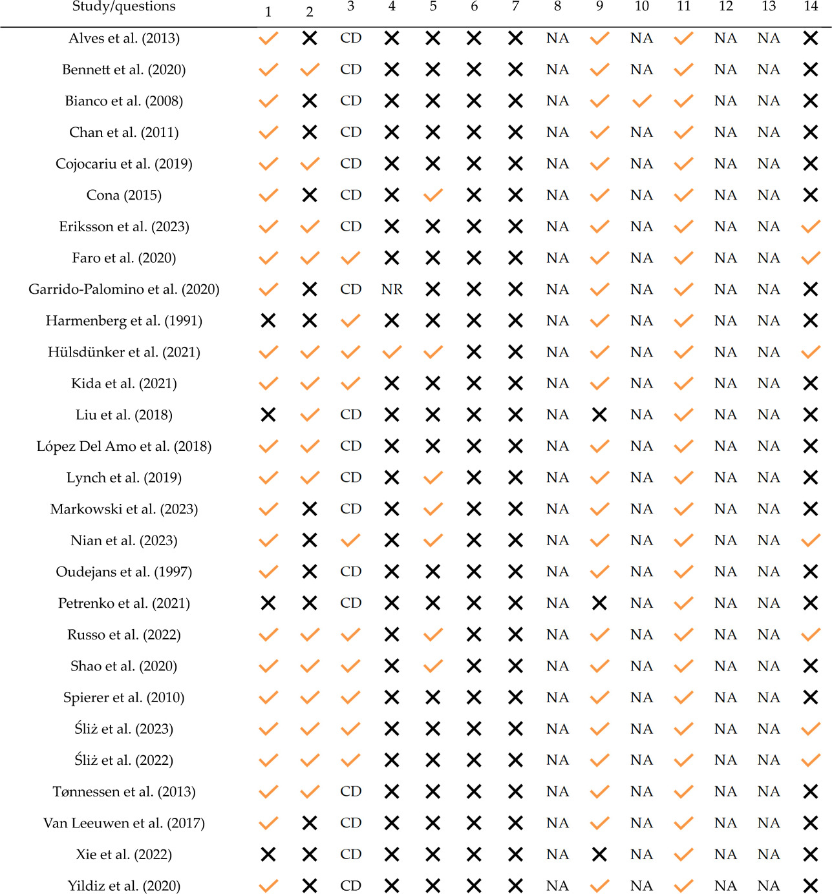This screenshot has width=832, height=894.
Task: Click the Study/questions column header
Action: click(123, 6)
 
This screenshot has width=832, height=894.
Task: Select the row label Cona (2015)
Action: click(123, 195)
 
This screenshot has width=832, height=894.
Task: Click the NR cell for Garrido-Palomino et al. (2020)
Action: click(392, 289)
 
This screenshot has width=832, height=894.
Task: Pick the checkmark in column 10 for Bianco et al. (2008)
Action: click(641, 101)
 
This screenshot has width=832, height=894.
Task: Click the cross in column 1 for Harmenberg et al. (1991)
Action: click(268, 320)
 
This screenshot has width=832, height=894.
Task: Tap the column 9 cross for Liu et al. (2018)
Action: click(599, 415)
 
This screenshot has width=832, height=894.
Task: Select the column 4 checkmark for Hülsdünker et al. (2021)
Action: click(392, 352)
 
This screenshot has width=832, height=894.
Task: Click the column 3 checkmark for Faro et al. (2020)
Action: click(350, 258)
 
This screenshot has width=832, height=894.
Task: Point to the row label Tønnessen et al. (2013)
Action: click(123, 791)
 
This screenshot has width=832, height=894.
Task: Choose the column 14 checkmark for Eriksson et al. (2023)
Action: click(811, 226)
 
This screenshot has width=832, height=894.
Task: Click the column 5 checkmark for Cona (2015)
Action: click(433, 195)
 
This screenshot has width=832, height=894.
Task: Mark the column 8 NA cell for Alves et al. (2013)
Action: click(557, 38)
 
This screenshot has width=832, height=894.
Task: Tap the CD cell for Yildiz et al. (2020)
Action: click(350, 886)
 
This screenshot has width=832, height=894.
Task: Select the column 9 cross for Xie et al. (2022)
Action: click(599, 855)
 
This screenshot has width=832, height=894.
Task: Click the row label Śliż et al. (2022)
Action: click(123, 760)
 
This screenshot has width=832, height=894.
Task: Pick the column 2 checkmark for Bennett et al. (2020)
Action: click(310, 69)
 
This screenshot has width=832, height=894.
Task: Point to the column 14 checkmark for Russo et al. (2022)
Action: click(811, 634)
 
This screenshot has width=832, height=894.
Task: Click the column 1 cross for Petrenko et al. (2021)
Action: click(268, 603)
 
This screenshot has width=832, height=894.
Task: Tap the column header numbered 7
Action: click(515, 6)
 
